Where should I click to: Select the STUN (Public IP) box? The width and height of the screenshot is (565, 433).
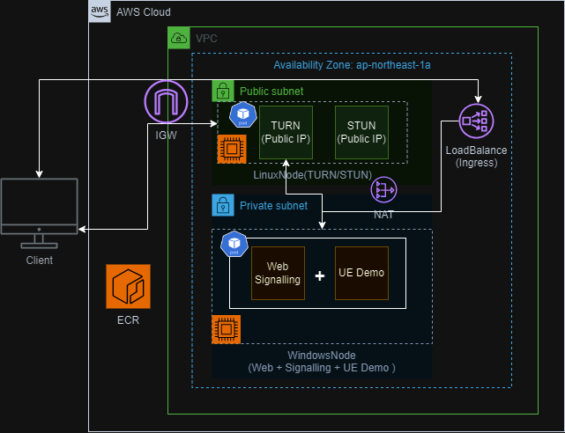click(361, 132)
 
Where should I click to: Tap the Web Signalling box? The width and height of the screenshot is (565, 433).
click(278, 273)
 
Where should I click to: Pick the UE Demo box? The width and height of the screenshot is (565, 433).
click(361, 273)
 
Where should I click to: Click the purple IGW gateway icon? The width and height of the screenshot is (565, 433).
click(166, 102)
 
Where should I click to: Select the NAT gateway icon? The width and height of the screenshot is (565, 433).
click(383, 190)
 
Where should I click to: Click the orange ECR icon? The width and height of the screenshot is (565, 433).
click(128, 287)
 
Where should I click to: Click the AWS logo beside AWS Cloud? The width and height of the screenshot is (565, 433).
click(100, 12)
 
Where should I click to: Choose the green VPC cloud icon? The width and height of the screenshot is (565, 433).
click(179, 39)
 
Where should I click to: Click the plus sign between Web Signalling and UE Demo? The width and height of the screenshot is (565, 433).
click(320, 274)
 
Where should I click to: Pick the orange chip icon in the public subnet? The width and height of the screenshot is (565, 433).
click(231, 149)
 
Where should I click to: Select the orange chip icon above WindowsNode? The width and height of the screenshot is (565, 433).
click(227, 329)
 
